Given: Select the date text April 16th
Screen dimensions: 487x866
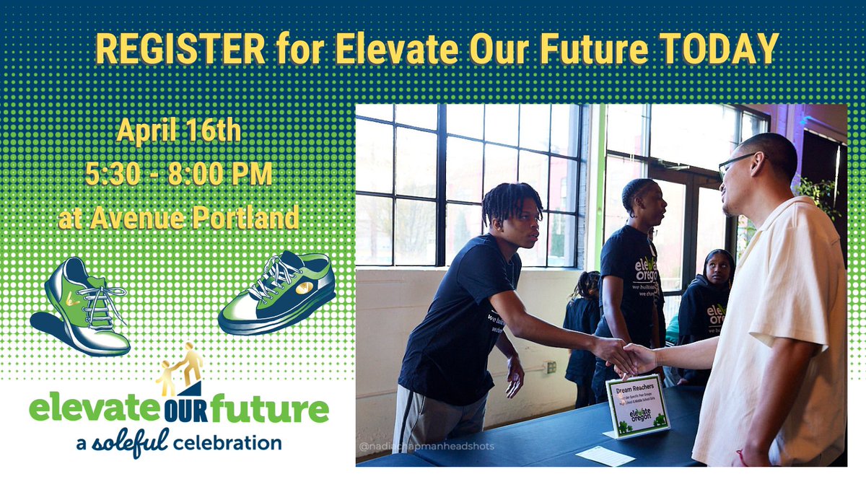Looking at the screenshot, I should [179, 133].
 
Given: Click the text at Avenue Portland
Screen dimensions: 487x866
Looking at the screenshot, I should [179, 216].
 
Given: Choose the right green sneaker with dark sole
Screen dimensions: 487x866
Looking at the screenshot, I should [278, 292].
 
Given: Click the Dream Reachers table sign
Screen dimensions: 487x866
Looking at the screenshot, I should [637, 405].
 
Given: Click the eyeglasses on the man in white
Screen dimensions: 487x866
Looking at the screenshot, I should [735, 162].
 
